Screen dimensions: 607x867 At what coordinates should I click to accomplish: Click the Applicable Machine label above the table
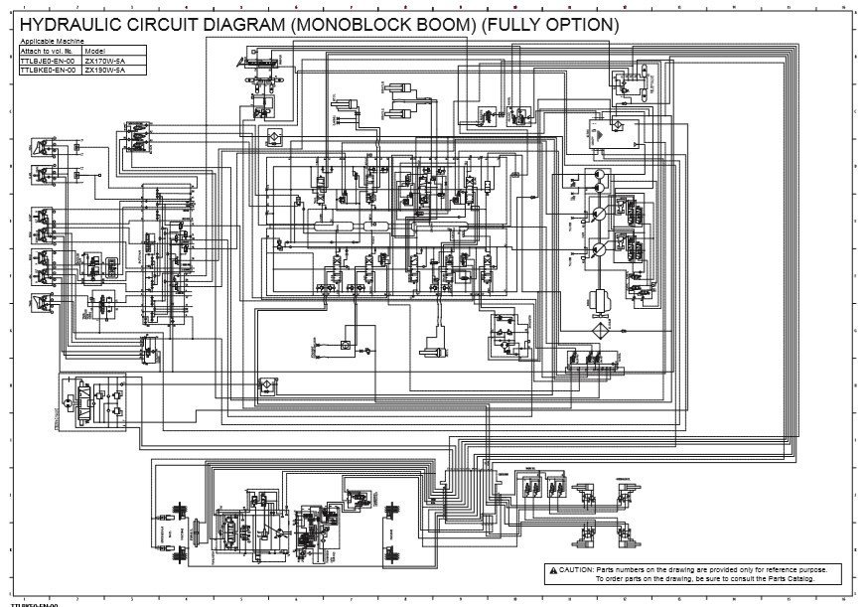pyautogui.click(x=45, y=41)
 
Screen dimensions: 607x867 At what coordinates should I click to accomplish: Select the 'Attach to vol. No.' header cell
pyautogui.click(x=48, y=50)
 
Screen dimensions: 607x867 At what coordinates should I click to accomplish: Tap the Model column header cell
pyautogui.click(x=95, y=50)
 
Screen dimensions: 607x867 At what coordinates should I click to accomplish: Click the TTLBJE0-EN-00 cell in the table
pyautogui.click(x=49, y=60)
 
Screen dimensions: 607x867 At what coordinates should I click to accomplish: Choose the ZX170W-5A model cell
pyautogui.click(x=104, y=60)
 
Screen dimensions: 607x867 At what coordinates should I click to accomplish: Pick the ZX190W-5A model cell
pyautogui.click(x=104, y=70)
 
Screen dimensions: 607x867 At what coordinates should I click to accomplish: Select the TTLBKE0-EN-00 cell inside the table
pyautogui.click(x=49, y=70)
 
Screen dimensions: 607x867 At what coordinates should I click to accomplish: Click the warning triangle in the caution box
pyautogui.click(x=552, y=569)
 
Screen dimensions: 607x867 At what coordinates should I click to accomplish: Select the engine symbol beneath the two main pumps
pyautogui.click(x=600, y=297)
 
